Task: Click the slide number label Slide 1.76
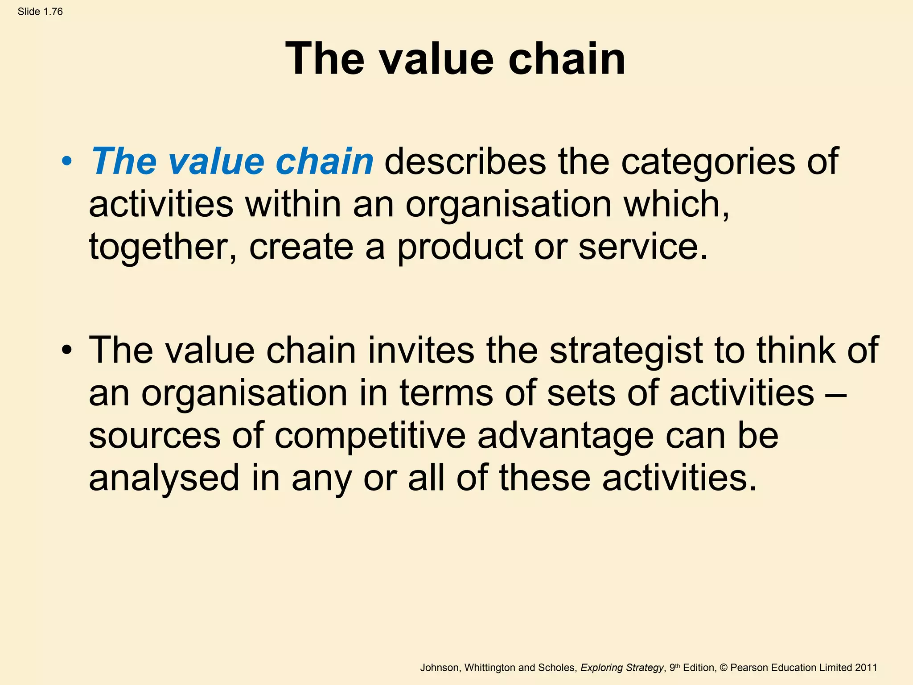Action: (40, 12)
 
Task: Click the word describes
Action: (465, 161)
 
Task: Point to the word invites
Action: (421, 351)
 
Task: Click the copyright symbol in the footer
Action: (724, 668)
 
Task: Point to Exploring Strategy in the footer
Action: (622, 668)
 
